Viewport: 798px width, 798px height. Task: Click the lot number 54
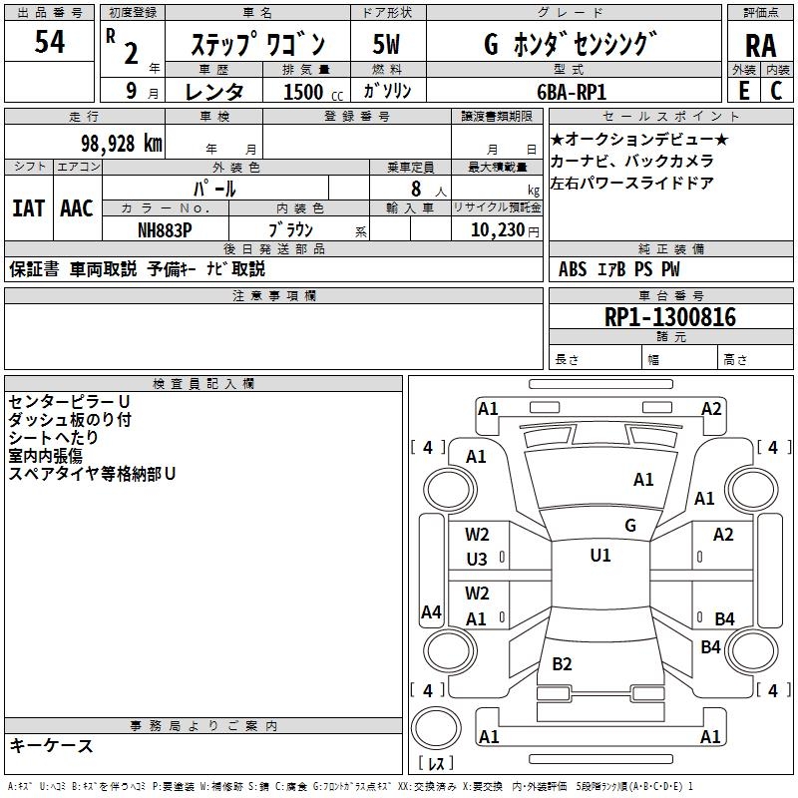(x=50, y=42)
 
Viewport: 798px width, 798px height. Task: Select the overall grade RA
(x=760, y=46)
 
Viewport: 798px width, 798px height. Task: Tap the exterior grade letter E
(x=743, y=90)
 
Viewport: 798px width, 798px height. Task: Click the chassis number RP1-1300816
(x=670, y=317)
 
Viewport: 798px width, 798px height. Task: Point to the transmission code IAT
(x=29, y=207)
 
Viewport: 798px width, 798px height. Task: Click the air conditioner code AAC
(x=77, y=207)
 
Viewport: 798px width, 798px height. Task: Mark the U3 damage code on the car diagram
(x=477, y=560)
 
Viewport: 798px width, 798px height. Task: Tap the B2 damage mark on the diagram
(x=562, y=664)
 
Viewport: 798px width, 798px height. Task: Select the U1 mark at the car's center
(x=599, y=556)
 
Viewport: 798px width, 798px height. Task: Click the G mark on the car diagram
(x=629, y=526)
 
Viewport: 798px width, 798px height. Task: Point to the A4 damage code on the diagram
(x=430, y=612)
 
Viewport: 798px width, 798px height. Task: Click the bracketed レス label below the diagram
(x=435, y=764)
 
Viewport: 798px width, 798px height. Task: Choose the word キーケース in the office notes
(x=51, y=746)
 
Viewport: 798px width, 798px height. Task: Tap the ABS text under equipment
(x=573, y=268)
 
